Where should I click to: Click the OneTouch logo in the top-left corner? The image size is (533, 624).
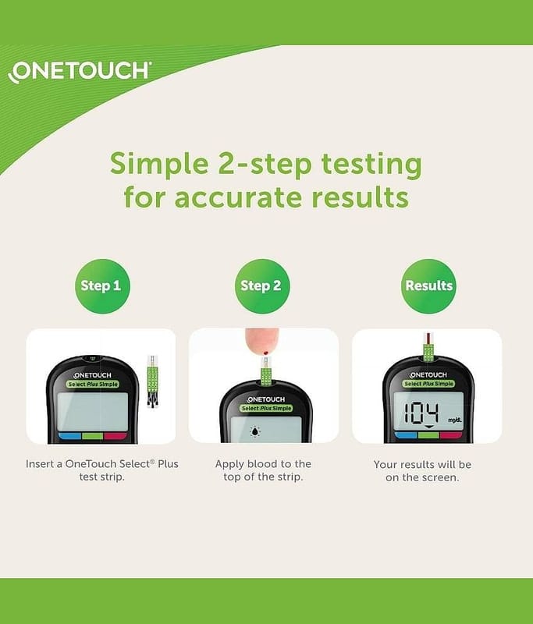click(80, 72)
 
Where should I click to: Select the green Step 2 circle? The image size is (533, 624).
click(261, 285)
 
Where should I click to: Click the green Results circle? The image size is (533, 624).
click(428, 285)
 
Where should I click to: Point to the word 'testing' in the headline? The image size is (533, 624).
click(371, 165)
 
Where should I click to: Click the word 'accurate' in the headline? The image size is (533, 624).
click(238, 197)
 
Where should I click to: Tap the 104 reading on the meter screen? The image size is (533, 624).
click(421, 413)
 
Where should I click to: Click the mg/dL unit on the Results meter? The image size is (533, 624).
click(455, 420)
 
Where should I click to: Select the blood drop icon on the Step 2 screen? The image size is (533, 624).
click(254, 431)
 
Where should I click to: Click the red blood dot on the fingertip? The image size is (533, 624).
click(265, 353)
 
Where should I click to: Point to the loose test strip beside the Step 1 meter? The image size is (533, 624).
click(153, 381)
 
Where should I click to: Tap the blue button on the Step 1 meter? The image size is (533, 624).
click(70, 436)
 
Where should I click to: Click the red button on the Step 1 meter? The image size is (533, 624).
click(115, 436)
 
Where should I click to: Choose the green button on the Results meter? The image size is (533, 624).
click(428, 436)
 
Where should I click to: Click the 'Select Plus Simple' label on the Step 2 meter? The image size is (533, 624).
click(266, 408)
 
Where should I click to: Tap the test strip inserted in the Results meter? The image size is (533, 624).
click(428, 347)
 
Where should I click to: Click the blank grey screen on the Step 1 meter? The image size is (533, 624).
click(93, 412)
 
